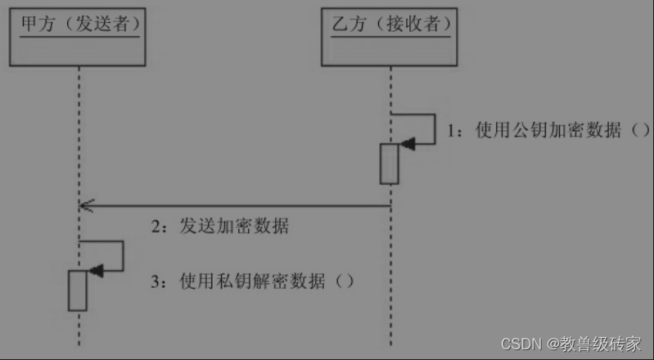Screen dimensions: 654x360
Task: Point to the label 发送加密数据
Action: tap(233, 227)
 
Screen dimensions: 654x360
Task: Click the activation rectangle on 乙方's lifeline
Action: tap(390, 164)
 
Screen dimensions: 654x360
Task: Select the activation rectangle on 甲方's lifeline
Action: tap(78, 290)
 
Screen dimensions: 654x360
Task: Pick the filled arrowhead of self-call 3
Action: tap(96, 271)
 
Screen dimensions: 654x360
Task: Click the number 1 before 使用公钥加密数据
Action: tap(451, 131)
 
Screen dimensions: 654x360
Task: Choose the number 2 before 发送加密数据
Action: tap(156, 227)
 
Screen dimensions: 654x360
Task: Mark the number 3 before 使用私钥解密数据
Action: tap(156, 281)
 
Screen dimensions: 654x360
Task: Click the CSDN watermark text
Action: tap(518, 343)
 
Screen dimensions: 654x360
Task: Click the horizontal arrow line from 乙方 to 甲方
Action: tap(237, 205)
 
